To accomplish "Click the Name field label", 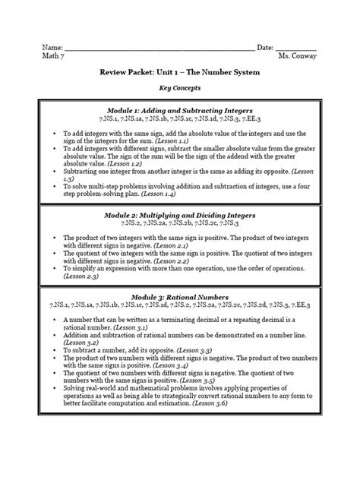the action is pos(52,48).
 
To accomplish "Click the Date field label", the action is pos(265,48).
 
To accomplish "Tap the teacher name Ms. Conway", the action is pos(297,57).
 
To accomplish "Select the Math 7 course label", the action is pos(53,57).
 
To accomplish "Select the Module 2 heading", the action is pos(179,216).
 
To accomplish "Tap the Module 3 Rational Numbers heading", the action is pos(179,295).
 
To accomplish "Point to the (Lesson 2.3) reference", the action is pos(81,277).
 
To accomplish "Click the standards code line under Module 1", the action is pos(179,120).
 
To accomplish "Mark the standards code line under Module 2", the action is pos(179,225).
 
